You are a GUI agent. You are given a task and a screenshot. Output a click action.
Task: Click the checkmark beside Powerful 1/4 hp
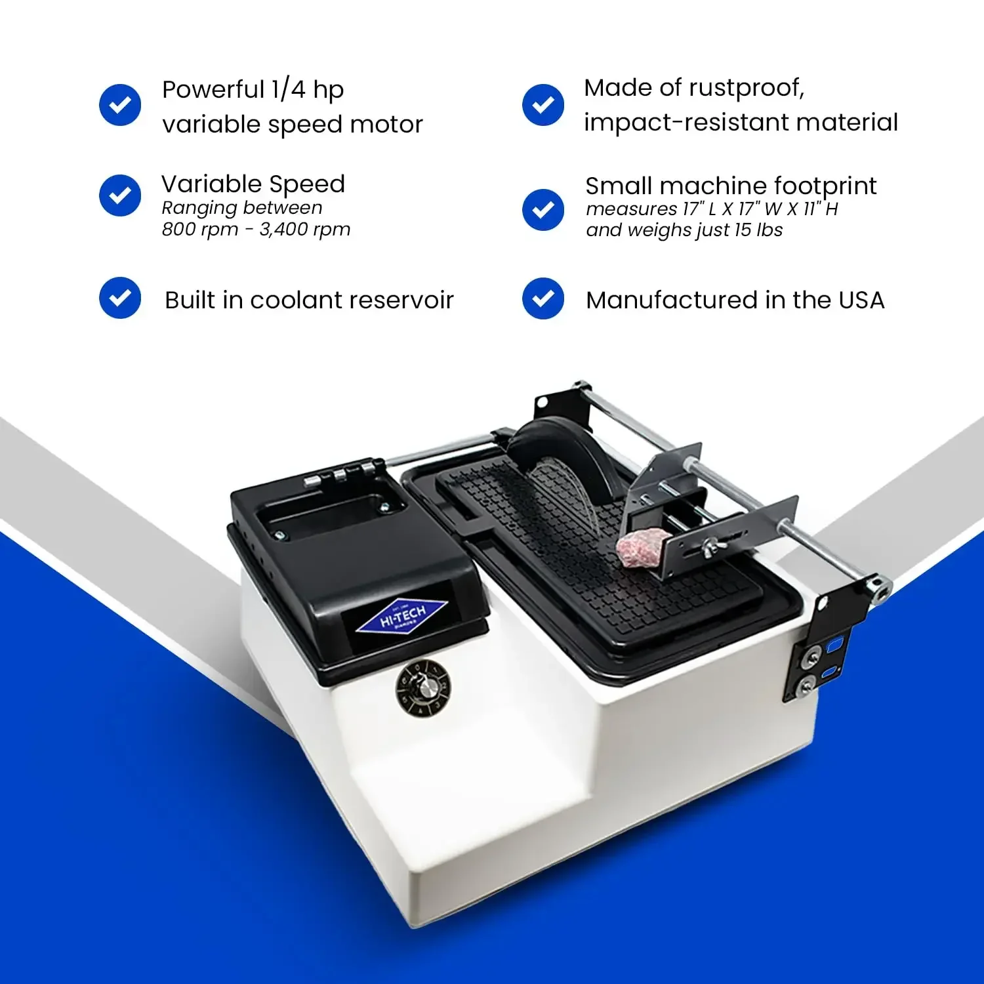click(x=120, y=105)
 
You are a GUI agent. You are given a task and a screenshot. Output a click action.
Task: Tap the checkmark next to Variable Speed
click(x=120, y=195)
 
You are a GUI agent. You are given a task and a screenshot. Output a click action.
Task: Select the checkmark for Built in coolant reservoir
click(x=120, y=298)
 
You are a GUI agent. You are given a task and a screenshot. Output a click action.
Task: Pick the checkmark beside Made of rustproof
click(x=543, y=105)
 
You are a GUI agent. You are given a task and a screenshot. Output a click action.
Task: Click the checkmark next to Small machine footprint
click(x=543, y=210)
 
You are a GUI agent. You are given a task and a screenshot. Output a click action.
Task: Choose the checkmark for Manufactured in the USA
click(x=543, y=298)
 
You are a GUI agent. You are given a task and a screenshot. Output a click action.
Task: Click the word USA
click(x=861, y=300)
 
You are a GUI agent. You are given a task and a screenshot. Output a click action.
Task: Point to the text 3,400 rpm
click(x=305, y=230)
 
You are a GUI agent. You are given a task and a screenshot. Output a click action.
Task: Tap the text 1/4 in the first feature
click(x=289, y=89)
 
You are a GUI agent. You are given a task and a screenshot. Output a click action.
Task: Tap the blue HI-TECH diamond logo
click(x=401, y=617)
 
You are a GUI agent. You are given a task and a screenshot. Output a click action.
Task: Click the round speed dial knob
click(x=423, y=687)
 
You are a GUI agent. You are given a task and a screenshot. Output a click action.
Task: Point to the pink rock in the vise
click(x=642, y=547)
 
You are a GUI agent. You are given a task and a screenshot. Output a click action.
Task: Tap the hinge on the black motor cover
click(x=341, y=474)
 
